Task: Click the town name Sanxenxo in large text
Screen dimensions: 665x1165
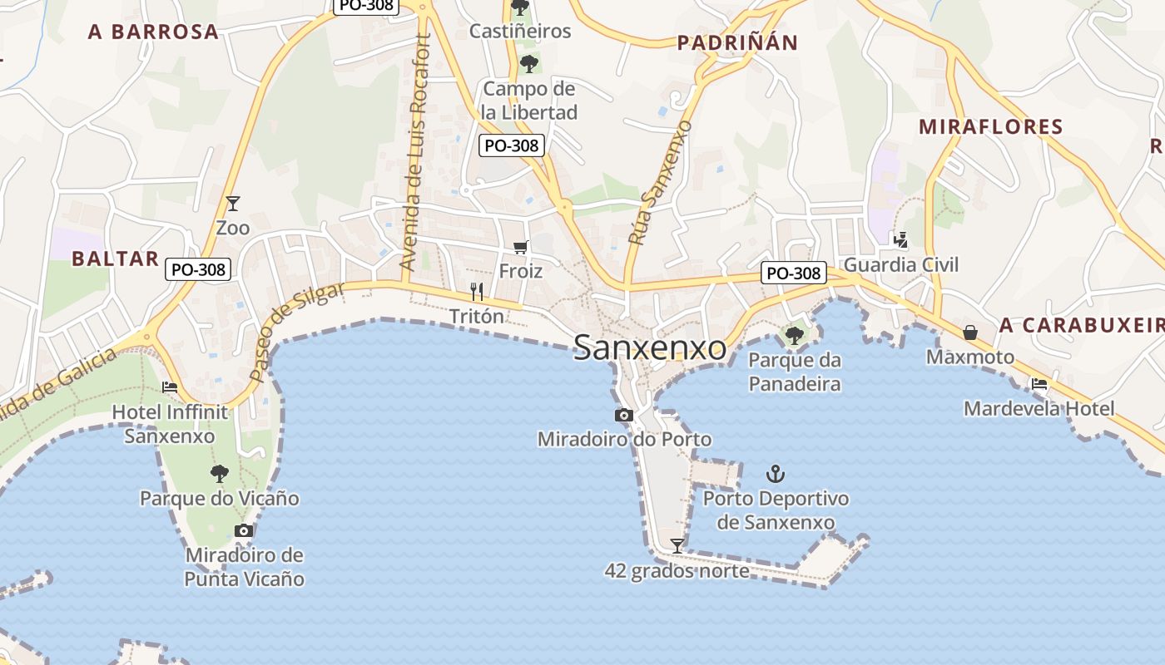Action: (x=650, y=348)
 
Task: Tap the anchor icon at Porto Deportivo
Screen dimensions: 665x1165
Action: (x=776, y=474)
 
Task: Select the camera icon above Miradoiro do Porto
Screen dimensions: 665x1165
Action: (x=624, y=415)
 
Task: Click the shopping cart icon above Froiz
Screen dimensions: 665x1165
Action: (x=521, y=246)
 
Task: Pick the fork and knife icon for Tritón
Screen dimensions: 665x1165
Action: (x=477, y=291)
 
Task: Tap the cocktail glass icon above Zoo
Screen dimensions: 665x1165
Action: (x=232, y=203)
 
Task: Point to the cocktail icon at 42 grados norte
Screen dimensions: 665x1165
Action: (x=677, y=546)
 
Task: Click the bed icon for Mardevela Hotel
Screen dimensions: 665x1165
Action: (x=1039, y=384)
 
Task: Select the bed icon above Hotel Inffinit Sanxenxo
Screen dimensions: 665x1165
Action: (x=170, y=387)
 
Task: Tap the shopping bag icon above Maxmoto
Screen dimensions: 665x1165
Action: (x=970, y=332)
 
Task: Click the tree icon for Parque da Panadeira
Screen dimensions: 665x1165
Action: (x=794, y=336)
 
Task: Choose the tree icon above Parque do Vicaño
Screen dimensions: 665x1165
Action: (x=219, y=474)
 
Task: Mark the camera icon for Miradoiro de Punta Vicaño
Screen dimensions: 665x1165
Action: (x=244, y=530)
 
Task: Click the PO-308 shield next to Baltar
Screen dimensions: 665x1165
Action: (x=197, y=269)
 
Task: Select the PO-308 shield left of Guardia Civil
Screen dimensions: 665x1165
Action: (x=794, y=273)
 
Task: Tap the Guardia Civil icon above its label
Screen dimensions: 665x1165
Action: (x=900, y=240)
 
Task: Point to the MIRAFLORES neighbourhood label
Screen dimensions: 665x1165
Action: (x=991, y=127)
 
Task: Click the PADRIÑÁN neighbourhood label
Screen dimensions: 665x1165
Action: (x=737, y=43)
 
